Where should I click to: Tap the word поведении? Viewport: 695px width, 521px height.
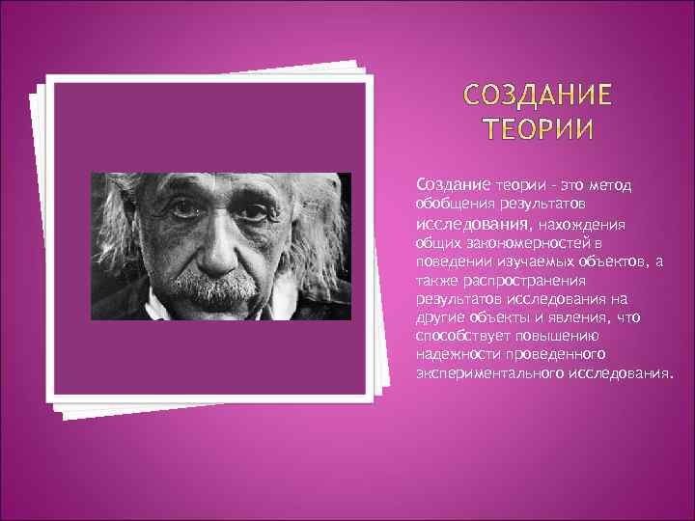[x=451, y=261]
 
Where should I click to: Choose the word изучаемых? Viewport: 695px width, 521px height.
[x=528, y=261]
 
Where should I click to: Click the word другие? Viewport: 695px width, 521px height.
[x=438, y=317]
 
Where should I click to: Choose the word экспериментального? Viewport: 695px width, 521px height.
[x=491, y=372]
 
